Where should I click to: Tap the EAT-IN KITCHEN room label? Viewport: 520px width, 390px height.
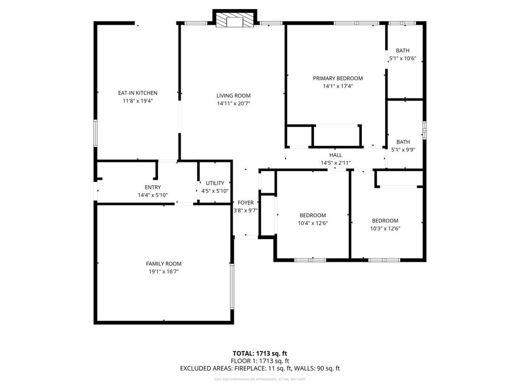138,93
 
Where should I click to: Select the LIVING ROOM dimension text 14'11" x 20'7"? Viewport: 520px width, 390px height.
233,103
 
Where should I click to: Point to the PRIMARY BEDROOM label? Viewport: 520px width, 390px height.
338,79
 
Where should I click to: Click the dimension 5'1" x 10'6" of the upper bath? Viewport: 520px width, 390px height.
403,58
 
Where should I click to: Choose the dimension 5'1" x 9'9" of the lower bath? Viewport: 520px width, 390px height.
403,150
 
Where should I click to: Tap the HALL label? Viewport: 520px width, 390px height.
336,155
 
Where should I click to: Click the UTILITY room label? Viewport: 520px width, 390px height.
215,183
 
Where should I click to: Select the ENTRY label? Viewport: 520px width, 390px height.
153,187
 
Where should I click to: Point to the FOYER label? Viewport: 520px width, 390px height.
245,203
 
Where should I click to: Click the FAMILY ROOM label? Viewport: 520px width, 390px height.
163,264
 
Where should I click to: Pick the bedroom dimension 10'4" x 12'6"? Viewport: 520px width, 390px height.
312,223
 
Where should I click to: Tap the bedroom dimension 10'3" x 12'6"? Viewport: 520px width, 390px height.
385,228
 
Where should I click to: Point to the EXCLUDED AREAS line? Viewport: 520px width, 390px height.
260,369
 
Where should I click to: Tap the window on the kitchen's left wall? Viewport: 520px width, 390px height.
96,133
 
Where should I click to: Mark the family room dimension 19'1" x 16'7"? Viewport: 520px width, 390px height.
163,272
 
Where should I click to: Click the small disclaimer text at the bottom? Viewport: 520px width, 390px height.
260,379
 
